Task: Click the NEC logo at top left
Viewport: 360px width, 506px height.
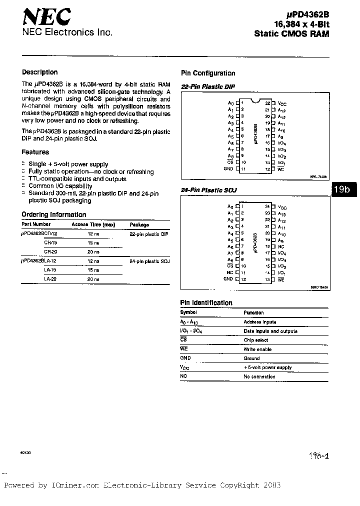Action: click(x=46, y=18)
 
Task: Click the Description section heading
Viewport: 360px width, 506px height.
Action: click(x=39, y=72)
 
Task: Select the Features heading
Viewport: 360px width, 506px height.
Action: click(x=35, y=152)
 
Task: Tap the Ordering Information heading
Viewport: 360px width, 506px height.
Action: click(x=54, y=214)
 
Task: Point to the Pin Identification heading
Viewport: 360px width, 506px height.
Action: click(x=206, y=302)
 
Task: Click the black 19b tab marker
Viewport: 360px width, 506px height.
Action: click(x=343, y=189)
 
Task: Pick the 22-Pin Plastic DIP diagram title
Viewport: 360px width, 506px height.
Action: click(x=207, y=86)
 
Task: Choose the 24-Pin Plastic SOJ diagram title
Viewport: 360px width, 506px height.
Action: click(x=208, y=190)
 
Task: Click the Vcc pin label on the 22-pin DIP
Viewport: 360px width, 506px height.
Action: click(x=282, y=103)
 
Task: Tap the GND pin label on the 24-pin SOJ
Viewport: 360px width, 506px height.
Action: click(x=228, y=278)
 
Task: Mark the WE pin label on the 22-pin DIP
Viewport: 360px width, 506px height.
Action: click(x=280, y=169)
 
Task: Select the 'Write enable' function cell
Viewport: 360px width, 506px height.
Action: click(x=257, y=349)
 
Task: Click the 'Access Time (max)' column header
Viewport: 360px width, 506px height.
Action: click(x=93, y=224)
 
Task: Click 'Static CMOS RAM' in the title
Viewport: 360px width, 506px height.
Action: click(x=291, y=34)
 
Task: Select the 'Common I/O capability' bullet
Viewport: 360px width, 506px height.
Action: click(x=60, y=186)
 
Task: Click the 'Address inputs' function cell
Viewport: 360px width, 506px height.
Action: click(x=259, y=322)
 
